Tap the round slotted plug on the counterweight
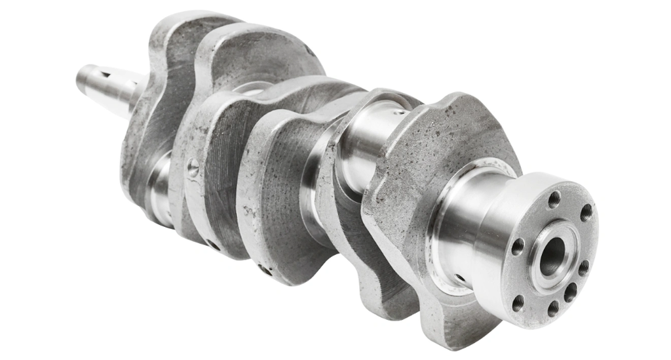[x=193, y=169]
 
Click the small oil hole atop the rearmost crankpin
[x=398, y=111]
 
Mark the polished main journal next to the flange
[x=459, y=223]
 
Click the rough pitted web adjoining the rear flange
[x=419, y=170]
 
